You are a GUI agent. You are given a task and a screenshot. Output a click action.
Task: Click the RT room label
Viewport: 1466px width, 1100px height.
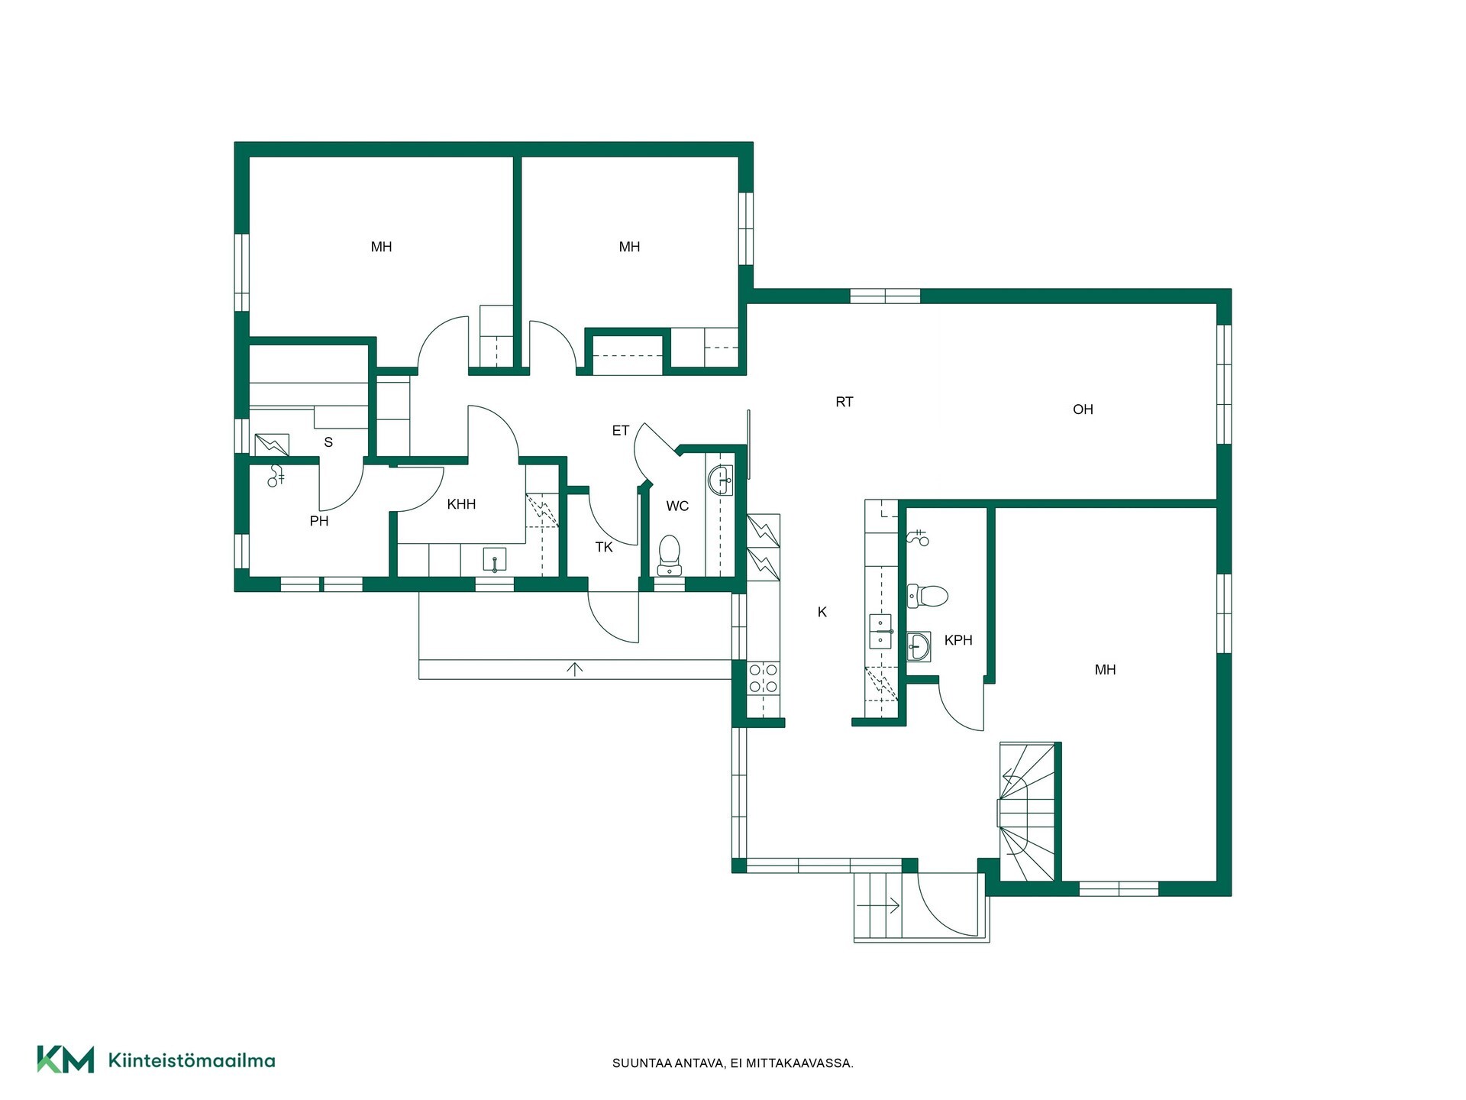pyautogui.click(x=844, y=402)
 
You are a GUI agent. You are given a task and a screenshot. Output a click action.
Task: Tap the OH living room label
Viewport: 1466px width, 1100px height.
pyautogui.click(x=1083, y=409)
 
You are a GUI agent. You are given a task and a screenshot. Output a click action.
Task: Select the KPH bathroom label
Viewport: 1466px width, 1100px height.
pyautogui.click(x=958, y=640)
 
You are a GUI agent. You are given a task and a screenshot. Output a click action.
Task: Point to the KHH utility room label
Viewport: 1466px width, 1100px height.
pyautogui.click(x=461, y=504)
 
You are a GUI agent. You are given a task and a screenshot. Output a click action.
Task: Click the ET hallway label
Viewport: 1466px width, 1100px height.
pyautogui.click(x=620, y=431)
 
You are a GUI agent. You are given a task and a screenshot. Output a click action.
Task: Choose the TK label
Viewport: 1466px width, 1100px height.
pyautogui.click(x=604, y=547)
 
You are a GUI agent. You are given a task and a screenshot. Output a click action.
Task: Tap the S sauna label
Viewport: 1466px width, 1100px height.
pyautogui.click(x=328, y=442)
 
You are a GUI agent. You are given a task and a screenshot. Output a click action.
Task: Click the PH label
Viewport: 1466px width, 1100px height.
pyautogui.click(x=319, y=521)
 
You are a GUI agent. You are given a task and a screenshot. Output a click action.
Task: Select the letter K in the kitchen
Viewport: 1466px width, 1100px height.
pyautogui.click(x=822, y=612)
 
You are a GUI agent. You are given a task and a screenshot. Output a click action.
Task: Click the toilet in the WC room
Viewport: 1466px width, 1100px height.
pyautogui.click(x=670, y=555)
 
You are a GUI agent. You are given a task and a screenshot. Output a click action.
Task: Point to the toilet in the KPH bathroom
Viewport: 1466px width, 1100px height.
pyautogui.click(x=927, y=596)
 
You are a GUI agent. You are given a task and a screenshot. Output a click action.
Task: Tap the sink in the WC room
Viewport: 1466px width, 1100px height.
pyautogui.click(x=720, y=480)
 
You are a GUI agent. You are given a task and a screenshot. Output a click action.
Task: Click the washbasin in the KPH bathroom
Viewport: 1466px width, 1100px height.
pyautogui.click(x=919, y=647)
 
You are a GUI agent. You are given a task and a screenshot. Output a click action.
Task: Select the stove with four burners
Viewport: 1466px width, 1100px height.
pyautogui.click(x=764, y=678)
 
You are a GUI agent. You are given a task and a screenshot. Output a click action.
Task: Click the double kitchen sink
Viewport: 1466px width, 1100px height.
pyautogui.click(x=880, y=632)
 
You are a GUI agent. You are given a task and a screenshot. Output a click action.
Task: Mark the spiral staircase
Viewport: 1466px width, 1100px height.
pyautogui.click(x=1028, y=811)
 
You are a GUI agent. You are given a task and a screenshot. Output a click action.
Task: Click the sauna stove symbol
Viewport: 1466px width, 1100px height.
pyautogui.click(x=272, y=445)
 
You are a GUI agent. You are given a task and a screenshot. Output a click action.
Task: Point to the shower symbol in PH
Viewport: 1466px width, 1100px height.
pyautogui.click(x=276, y=476)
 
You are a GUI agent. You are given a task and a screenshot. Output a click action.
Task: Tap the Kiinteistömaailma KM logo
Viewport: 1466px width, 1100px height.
pyautogui.click(x=66, y=1060)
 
